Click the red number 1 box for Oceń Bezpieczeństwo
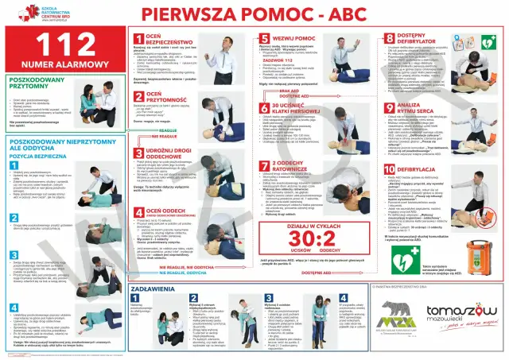point(138,38)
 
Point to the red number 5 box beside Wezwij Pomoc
point(264,38)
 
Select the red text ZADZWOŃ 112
point(286,60)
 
